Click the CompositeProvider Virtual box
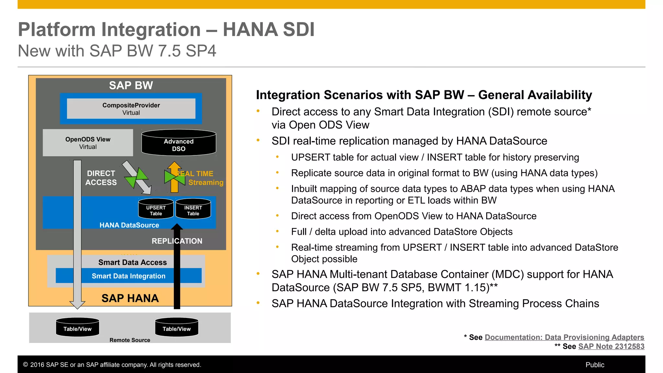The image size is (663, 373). pos(131,109)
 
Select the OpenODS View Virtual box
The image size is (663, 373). pos(88,143)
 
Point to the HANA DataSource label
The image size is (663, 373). pos(129,225)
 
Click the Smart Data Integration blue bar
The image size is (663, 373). pos(129,276)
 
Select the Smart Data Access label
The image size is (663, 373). pos(132,262)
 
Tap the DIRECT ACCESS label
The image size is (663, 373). pos(101,178)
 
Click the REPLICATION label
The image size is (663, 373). pos(177,241)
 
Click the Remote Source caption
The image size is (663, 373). pos(130,340)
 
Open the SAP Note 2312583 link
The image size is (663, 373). pos(611,346)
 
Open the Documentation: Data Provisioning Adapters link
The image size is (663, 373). pos(564,337)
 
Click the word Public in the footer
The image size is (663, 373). pos(595,365)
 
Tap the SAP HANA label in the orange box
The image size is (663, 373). pos(130,298)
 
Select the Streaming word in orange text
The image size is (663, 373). pos(206,183)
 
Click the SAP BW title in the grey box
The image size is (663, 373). pos(131,85)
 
